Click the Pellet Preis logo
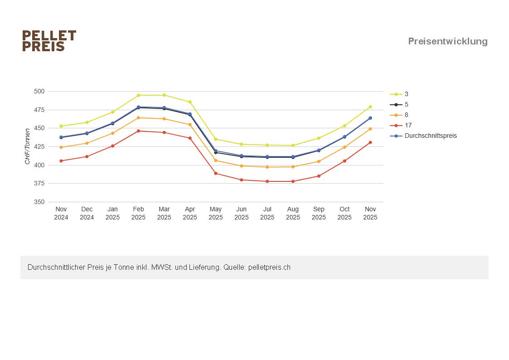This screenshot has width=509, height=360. click(49, 41)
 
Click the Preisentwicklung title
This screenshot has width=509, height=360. click(447, 41)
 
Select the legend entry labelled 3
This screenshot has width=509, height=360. click(406, 94)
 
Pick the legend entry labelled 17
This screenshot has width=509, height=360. click(408, 125)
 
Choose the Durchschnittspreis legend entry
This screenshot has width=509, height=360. click(430, 136)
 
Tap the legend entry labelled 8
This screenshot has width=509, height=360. click(406, 115)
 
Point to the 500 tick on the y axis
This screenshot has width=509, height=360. click(39, 91)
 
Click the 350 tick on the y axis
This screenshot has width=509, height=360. click(39, 202)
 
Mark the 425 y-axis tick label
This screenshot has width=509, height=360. click(39, 146)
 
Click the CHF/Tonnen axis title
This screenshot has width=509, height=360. click(28, 146)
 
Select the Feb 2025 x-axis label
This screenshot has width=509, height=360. click(138, 213)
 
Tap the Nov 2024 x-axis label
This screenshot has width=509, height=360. click(61, 213)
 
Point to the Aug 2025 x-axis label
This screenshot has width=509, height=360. click(293, 213)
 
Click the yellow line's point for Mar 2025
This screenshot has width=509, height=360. click(164, 95)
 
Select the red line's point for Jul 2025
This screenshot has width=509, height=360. click(267, 181)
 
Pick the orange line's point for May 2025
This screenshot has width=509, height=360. click(216, 161)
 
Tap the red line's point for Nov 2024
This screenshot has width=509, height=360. click(61, 161)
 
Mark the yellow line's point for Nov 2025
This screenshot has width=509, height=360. click(370, 107)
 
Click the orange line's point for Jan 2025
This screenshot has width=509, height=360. click(113, 133)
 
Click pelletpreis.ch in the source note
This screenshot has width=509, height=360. click(269, 268)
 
